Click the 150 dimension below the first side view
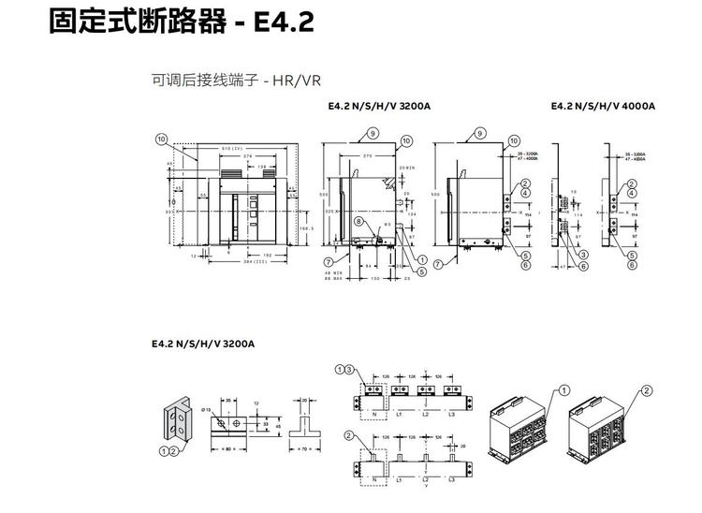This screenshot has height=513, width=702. pos(375,278)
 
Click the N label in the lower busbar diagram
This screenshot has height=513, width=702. pos(375,479)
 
